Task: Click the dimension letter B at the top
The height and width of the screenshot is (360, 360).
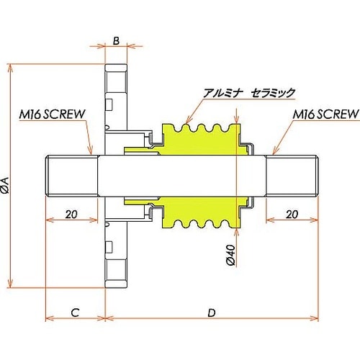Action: click(115, 40)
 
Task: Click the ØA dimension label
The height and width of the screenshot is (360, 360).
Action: click(6, 186)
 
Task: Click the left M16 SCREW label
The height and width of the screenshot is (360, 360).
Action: click(53, 114)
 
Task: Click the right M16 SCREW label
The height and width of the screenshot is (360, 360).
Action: click(325, 114)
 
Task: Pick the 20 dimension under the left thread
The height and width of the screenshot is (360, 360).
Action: click(71, 214)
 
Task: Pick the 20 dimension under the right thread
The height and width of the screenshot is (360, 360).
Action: click(292, 214)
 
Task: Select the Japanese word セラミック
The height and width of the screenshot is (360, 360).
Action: click(273, 93)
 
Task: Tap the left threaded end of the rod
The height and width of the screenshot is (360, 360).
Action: click(71, 176)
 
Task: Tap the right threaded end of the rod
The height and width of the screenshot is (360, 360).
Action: click(292, 176)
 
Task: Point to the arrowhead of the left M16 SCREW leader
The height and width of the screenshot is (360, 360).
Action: click(92, 155)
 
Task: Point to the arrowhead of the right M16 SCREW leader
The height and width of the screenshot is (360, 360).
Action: click(272, 154)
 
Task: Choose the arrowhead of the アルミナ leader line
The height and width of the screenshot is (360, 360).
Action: click(187, 123)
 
